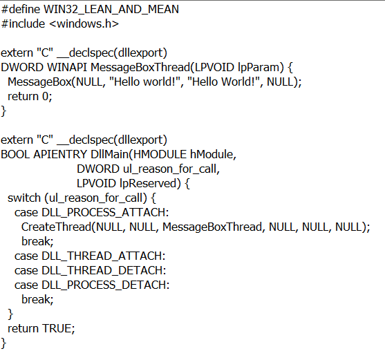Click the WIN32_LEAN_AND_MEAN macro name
pos(111,10)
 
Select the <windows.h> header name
pos(84,23)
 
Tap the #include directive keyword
pos(23,23)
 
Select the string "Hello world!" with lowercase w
pos(146,82)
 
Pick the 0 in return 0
pos(46,97)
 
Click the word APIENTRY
pos(60,154)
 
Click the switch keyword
pos(24,198)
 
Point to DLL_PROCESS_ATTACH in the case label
pos(104,213)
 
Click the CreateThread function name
pos(56,227)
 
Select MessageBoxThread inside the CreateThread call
pos(212,227)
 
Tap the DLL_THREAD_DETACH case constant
pos(102,270)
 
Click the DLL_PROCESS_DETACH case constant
pos(104,285)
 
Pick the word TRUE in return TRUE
pos(57,328)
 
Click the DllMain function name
pos(110,154)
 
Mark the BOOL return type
pos(15,154)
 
